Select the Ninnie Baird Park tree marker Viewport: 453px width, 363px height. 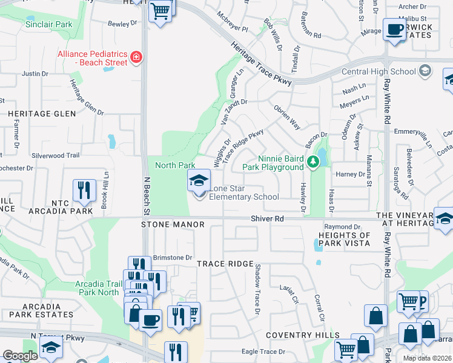[x=312, y=162]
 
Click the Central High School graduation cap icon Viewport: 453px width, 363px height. [x=425, y=71]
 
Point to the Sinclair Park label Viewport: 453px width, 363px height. [x=49, y=25]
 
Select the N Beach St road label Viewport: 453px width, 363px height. [x=146, y=197]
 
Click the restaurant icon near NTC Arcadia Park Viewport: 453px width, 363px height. [x=84, y=191]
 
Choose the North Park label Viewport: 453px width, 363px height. [x=175, y=165]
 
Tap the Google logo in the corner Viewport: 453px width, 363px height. [x=20, y=356]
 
